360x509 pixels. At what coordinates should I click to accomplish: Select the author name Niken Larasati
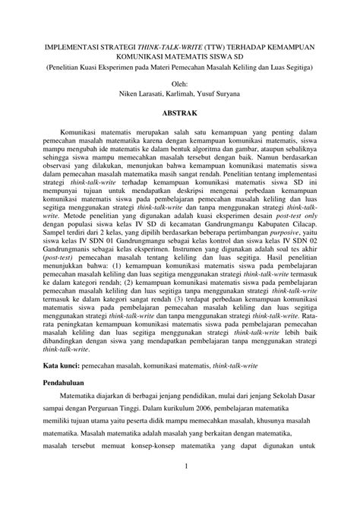pyautogui.click(x=140, y=94)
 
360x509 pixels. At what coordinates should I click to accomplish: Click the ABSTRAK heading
pyautogui.click(x=180, y=112)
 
